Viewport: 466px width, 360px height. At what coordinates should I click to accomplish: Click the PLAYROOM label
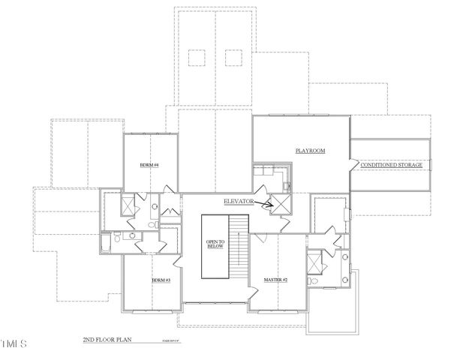pos(310,151)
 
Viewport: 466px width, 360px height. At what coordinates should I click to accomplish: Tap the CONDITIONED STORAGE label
pos(391,165)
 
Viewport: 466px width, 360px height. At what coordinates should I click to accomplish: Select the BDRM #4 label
pos(149,165)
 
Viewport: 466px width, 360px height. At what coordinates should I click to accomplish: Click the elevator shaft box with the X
pos(281,205)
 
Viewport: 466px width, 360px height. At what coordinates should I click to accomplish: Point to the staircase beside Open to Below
pos(239,244)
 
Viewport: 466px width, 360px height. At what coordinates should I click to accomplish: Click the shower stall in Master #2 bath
pos(314,262)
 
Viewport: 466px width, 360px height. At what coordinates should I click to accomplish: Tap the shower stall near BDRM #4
pos(128,204)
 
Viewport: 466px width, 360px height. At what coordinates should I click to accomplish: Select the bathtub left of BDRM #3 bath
pos(106,243)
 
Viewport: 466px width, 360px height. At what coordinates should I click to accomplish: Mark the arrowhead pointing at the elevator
pos(269,203)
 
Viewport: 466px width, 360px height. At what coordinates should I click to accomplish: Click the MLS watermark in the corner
pos(14,344)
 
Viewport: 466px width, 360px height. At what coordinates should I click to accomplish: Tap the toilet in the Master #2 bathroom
pos(317,282)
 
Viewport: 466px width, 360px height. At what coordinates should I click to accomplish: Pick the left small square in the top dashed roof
pos(197,57)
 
